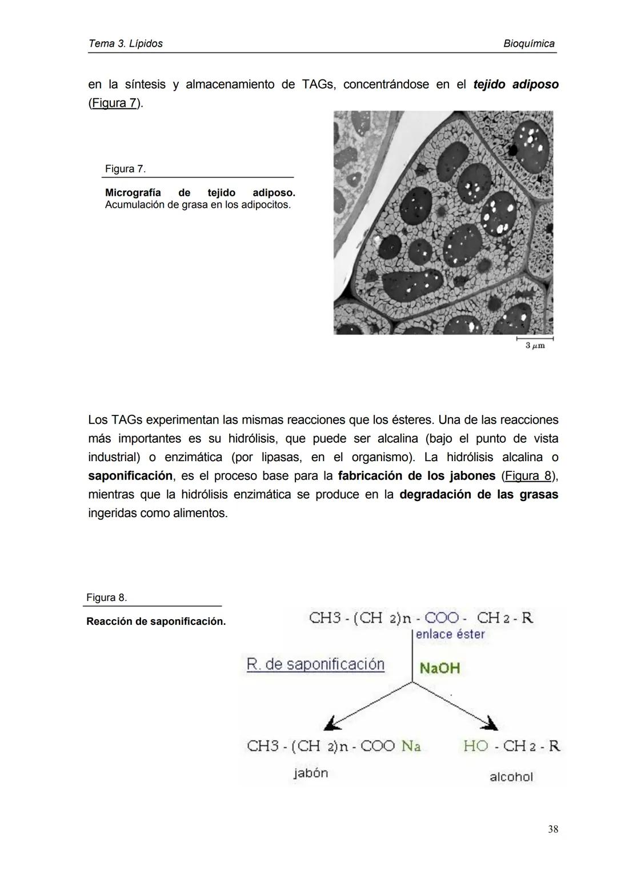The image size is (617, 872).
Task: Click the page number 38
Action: click(552, 829)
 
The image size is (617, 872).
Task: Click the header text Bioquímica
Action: click(529, 44)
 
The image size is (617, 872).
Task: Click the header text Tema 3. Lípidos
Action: click(126, 44)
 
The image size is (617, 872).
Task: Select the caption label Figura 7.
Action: click(125, 169)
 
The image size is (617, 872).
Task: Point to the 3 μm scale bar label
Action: click(535, 346)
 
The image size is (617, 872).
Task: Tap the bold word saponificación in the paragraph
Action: click(130, 475)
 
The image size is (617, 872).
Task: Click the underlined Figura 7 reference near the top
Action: click(114, 103)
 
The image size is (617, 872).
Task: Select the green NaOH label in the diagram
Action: click(439, 668)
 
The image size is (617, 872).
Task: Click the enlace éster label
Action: click(450, 635)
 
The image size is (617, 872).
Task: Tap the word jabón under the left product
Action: click(311, 773)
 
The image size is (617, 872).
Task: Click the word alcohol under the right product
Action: click(511, 777)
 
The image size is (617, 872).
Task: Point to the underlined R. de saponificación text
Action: click(315, 664)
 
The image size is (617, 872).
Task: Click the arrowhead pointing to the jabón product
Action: click(331, 724)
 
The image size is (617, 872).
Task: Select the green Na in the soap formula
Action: click(411, 746)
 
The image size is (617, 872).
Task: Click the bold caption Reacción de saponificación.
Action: click(156, 621)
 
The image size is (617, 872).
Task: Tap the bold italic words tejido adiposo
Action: click(516, 84)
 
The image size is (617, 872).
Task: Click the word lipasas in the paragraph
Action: click(281, 457)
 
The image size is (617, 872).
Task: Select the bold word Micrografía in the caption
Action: click(133, 193)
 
